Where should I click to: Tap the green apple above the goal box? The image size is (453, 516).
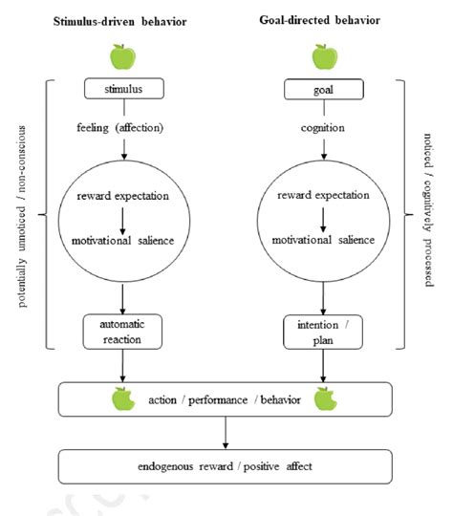click(324, 57)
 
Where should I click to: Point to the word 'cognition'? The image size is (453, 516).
click(324, 125)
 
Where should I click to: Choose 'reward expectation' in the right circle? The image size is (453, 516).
click(324, 197)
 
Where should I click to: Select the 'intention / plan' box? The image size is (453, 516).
click(324, 332)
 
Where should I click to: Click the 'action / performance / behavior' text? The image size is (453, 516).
click(225, 398)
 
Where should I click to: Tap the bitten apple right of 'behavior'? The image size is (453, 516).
click(325, 398)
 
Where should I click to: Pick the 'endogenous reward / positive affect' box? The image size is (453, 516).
click(225, 465)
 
